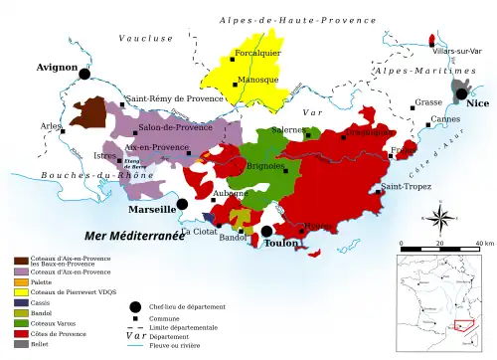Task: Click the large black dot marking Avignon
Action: (84, 74)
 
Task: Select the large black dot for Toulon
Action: (266, 232)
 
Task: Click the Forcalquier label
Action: (257, 53)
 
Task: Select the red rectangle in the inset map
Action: (464, 324)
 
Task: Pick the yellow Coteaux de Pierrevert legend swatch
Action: (20, 292)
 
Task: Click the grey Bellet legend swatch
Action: (20, 344)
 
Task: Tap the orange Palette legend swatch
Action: (20, 281)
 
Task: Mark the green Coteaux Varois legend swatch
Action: (20, 323)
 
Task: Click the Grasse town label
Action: (428, 102)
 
